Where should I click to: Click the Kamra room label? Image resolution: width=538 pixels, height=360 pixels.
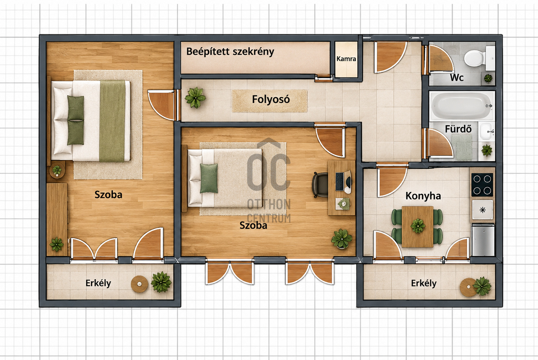346,59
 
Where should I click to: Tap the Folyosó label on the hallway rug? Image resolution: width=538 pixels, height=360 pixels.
271,99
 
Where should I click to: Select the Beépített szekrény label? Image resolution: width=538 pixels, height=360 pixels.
230,52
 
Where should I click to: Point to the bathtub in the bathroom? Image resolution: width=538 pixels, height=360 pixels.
461,106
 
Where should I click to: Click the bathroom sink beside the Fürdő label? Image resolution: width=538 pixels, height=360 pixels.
487,131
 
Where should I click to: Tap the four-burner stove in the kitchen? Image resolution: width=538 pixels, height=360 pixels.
482,185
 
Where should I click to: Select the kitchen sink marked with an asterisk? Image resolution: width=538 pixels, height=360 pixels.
482,210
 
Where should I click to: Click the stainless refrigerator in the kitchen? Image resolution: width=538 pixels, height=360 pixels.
483,240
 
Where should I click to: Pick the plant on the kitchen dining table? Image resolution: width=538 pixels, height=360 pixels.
418,226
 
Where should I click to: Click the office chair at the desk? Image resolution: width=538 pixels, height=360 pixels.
320,185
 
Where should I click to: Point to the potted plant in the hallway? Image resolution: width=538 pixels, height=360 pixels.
195,98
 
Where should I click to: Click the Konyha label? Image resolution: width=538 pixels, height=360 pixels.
423,196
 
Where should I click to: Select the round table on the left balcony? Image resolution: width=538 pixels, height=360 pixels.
139,284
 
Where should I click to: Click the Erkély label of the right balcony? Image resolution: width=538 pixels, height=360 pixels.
424,284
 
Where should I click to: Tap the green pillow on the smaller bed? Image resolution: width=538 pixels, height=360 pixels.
209,178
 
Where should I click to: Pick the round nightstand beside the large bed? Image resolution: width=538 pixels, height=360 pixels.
57,170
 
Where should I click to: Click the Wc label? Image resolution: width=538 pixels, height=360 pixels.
457,78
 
